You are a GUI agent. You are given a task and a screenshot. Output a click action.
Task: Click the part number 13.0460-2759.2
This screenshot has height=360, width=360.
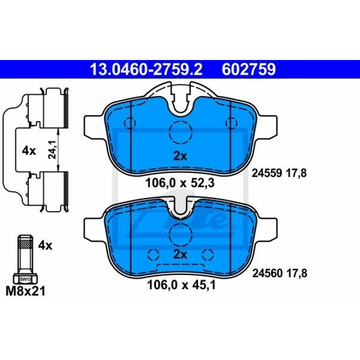pyautogui.click(x=146, y=69)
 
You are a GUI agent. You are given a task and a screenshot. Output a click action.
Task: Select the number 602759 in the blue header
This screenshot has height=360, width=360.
pyautogui.click(x=249, y=69)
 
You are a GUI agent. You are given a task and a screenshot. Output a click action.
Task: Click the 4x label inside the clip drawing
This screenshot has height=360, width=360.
pyautogui.click(x=29, y=151)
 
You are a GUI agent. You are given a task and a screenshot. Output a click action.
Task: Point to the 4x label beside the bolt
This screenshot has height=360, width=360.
pyautogui.click(x=45, y=246)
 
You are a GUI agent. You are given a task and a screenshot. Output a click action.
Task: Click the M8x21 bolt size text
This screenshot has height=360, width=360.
pyautogui.click(x=26, y=291)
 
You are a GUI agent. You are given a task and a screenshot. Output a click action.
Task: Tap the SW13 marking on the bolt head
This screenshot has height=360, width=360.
pyautogui.click(x=25, y=280)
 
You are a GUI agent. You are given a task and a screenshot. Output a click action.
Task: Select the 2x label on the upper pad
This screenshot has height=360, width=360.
pyautogui.click(x=180, y=156)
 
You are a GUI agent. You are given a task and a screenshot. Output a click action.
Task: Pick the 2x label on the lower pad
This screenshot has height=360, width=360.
pyautogui.click(x=180, y=254)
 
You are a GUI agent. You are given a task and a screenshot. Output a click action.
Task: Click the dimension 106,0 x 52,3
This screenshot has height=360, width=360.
pyautogui.click(x=180, y=183)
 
